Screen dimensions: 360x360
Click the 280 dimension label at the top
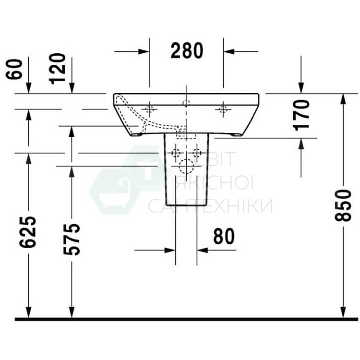pos(187,51)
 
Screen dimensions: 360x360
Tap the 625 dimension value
pos(28,232)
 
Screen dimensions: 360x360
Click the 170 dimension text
pos(301,115)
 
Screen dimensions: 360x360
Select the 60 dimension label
pos(15,68)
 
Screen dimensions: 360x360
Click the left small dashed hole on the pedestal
pos(175,154)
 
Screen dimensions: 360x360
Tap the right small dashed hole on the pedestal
pos(196,154)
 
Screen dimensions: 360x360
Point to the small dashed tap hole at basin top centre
pos(186,103)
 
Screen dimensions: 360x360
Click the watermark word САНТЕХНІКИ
pos(210,206)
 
